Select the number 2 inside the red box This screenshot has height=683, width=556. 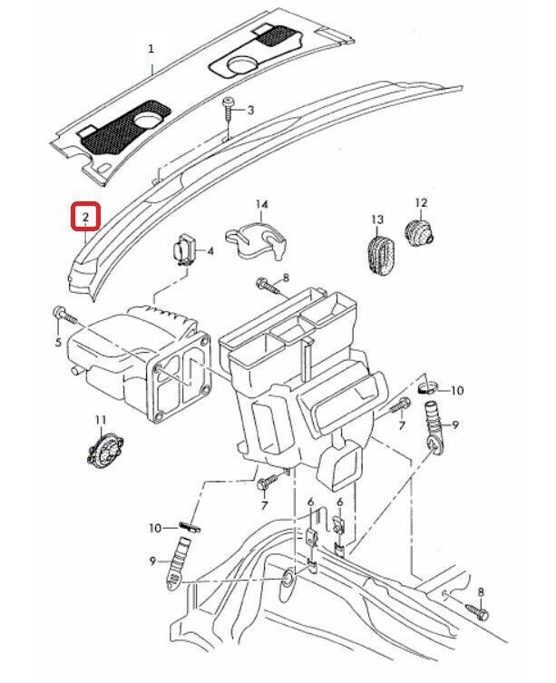(84, 218)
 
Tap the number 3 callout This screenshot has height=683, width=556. (250, 110)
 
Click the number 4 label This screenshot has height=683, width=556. (210, 252)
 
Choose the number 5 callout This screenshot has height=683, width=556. (58, 342)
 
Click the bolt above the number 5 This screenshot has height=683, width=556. (62, 314)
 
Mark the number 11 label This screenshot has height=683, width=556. (101, 418)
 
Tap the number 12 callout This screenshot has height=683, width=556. (420, 202)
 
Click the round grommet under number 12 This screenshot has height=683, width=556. (417, 233)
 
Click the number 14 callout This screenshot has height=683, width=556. (261, 203)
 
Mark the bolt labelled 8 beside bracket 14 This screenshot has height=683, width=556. (265, 286)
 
